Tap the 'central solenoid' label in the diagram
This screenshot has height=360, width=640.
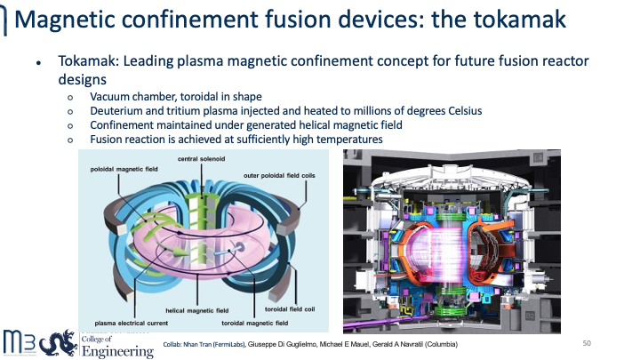[x=201, y=159]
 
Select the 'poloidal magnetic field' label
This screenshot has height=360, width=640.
[x=124, y=169]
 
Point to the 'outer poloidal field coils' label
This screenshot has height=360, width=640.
[x=280, y=175]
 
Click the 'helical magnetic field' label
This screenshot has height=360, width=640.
[x=197, y=310]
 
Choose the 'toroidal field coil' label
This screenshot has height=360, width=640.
[x=290, y=309]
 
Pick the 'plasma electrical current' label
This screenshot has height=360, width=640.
[x=132, y=323]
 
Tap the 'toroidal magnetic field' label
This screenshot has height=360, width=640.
[x=255, y=323]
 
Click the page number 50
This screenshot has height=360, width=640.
[x=587, y=343]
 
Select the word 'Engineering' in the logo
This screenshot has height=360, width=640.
[x=117, y=351]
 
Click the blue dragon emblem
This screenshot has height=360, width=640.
[x=59, y=343]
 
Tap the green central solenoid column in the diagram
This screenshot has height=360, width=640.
[x=201, y=228]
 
